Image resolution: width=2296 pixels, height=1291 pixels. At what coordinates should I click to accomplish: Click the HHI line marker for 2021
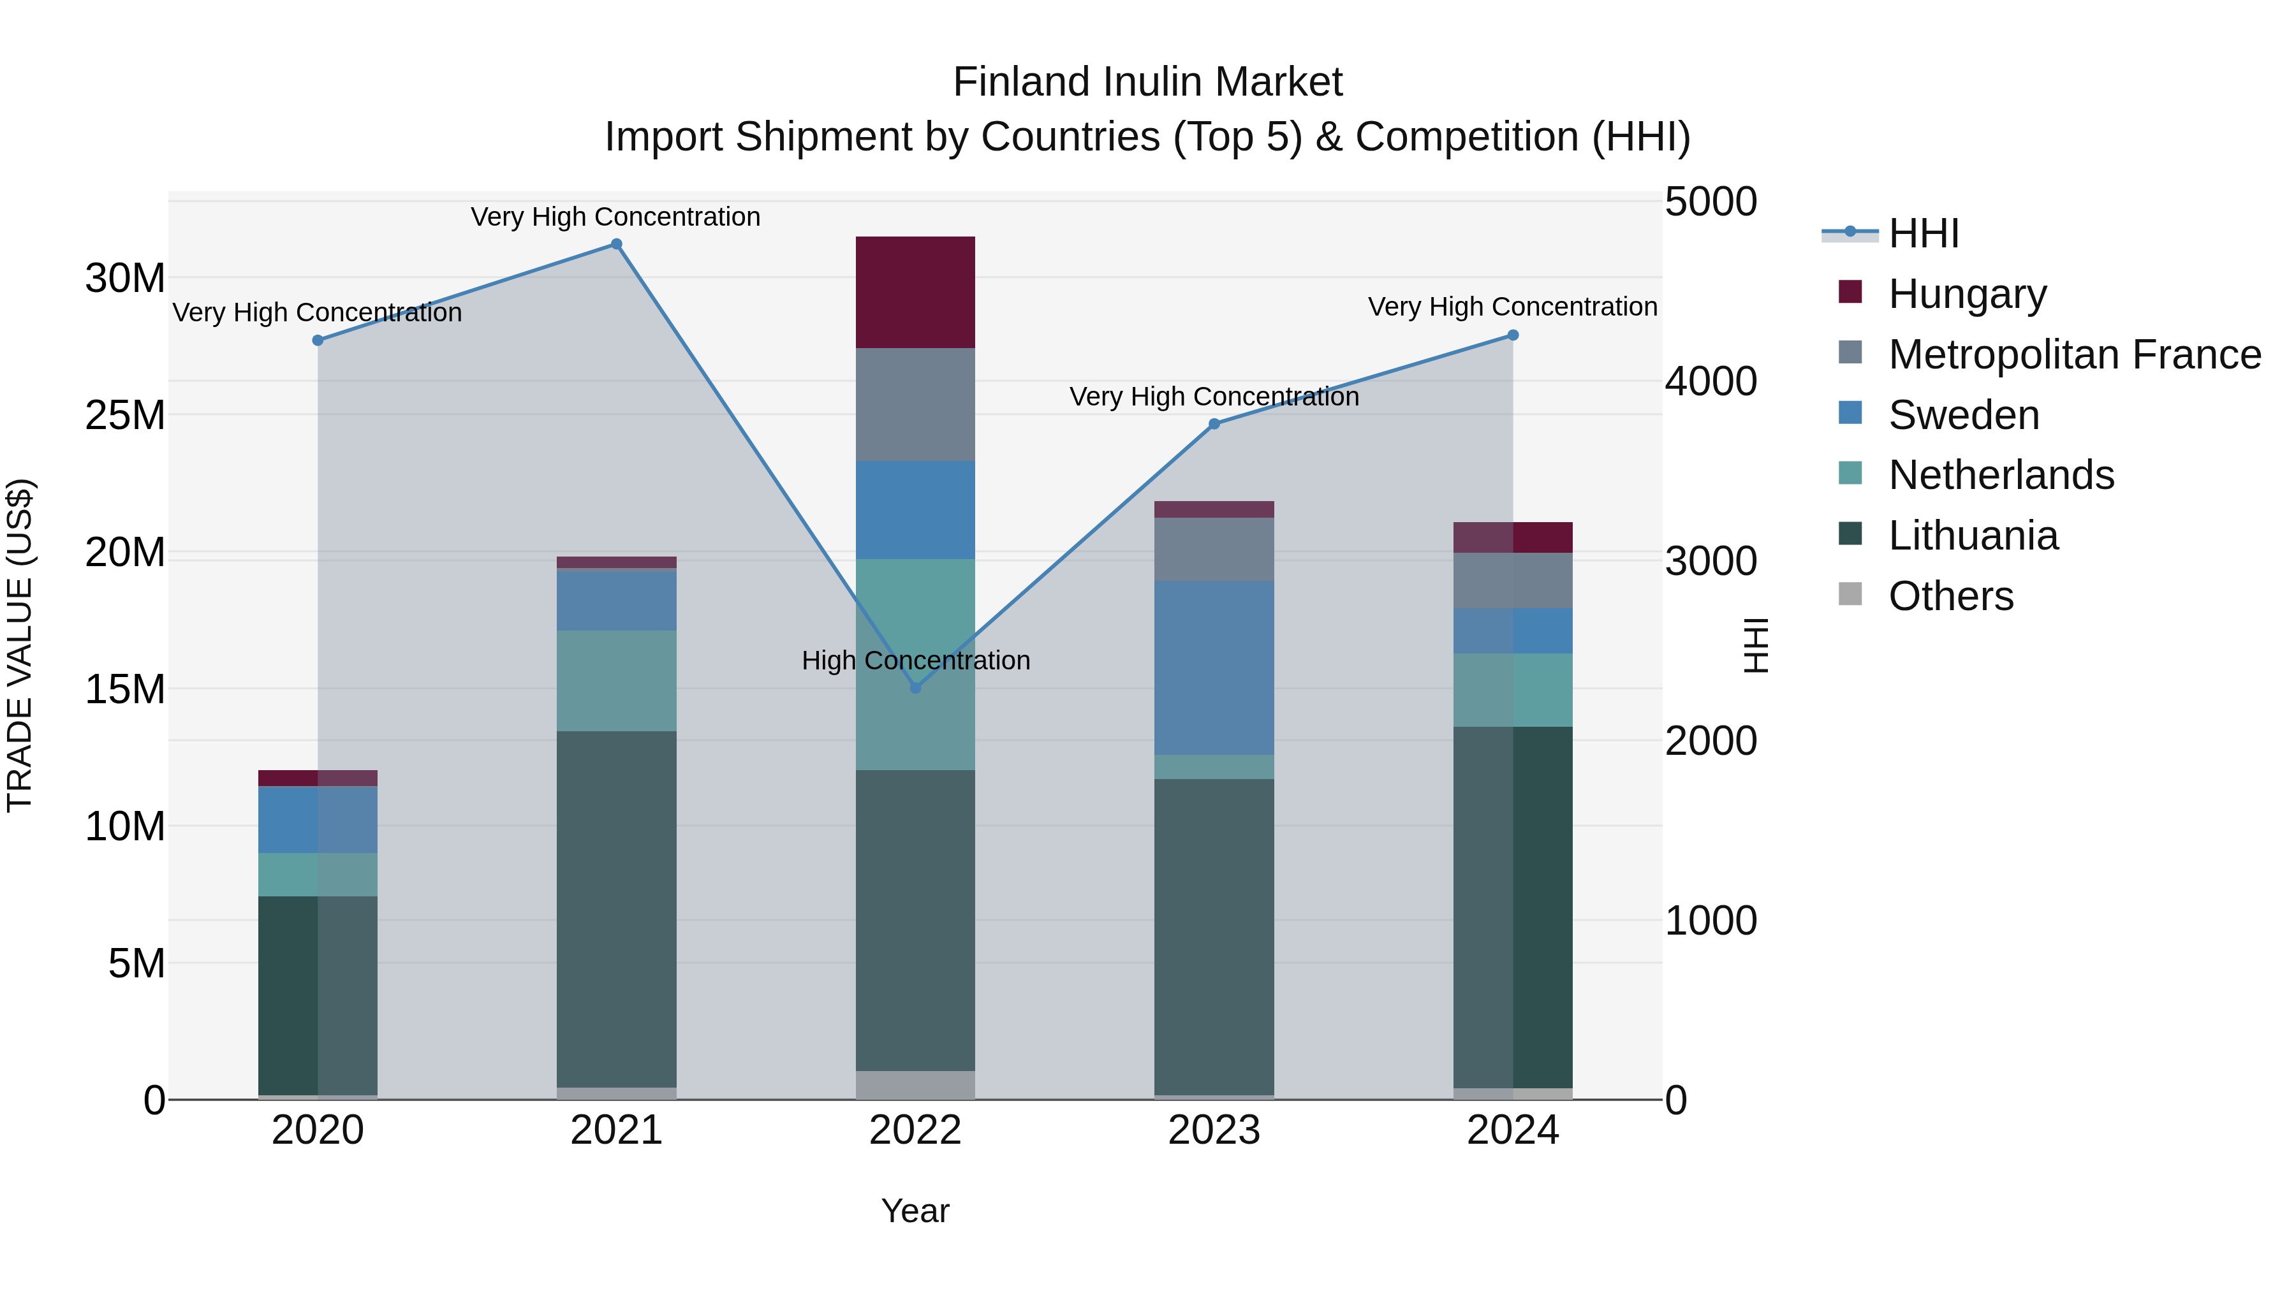pos(616,244)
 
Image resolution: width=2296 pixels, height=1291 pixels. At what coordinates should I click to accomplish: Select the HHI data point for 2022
pos(915,688)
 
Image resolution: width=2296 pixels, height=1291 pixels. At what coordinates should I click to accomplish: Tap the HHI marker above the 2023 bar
pos(1214,424)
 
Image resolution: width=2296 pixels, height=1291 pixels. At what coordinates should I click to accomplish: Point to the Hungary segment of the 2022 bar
pos(915,292)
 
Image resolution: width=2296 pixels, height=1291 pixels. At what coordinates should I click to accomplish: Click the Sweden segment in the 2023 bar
pos(1214,668)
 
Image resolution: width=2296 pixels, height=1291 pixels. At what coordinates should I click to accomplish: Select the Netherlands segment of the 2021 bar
pos(616,681)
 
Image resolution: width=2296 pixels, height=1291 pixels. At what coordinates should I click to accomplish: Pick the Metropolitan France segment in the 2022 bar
pos(915,404)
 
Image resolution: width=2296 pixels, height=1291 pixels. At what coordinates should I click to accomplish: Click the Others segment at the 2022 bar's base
pos(915,1084)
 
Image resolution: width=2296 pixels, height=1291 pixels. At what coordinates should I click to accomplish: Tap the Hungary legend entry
pos(1967,293)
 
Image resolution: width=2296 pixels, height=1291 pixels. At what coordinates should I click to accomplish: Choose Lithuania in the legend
pos(1973,536)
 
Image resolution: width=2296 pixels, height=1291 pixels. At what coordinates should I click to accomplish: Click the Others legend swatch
pos(1850,594)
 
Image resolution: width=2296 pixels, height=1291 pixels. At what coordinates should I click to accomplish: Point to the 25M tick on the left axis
pos(125,415)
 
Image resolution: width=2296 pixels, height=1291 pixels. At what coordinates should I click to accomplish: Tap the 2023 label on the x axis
pos(1214,1130)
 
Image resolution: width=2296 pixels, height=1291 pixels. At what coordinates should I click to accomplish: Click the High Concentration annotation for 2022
pos(915,660)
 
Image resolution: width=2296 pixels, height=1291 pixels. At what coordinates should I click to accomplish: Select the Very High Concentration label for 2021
pos(616,217)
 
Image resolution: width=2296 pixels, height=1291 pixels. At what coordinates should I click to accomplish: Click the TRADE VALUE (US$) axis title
pos(20,645)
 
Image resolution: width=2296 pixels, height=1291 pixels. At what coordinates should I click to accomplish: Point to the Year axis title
pos(915,1211)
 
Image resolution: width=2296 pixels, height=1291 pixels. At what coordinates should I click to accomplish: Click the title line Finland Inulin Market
pos(1147,82)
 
